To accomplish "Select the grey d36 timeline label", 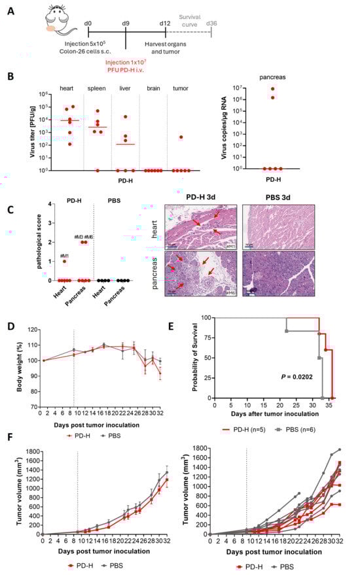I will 211,24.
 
